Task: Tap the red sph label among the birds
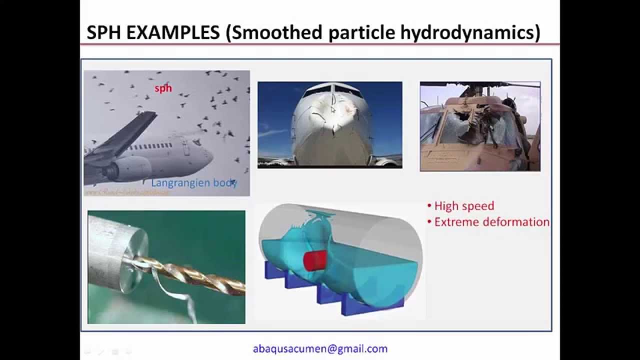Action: (163, 88)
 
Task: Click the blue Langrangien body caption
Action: (194, 182)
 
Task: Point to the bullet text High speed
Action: (464, 206)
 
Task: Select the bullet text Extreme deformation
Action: (491, 222)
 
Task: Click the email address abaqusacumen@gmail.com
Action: (320, 349)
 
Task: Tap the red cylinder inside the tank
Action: (314, 260)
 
